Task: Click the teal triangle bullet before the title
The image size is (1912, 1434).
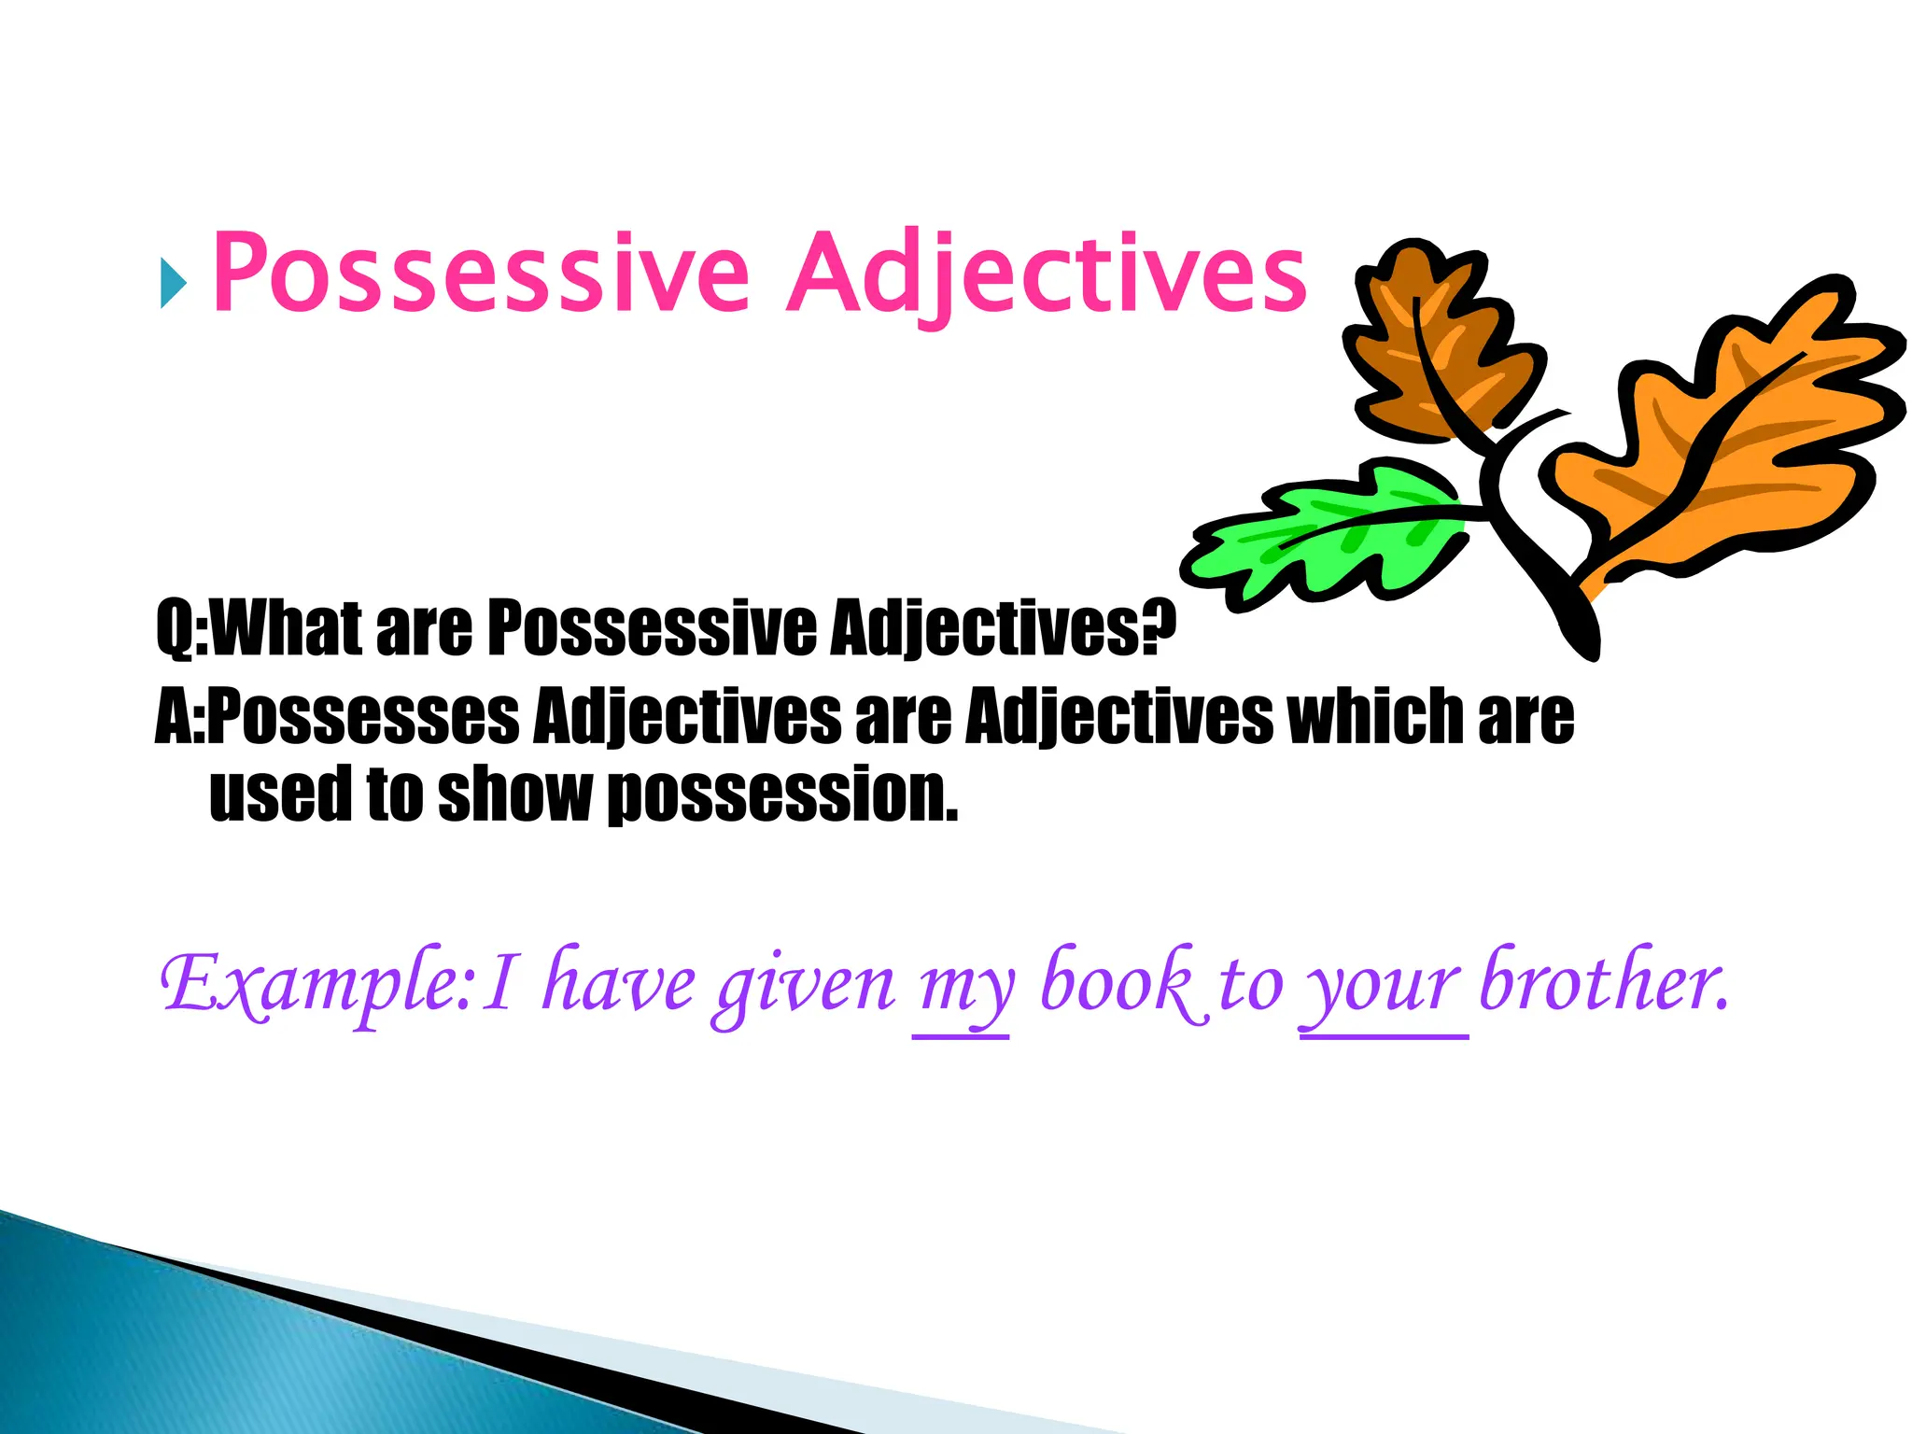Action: (x=173, y=283)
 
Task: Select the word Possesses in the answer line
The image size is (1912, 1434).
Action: (x=364, y=717)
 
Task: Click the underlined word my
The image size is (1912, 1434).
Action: (x=962, y=990)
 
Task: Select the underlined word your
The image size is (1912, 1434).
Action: (x=1382, y=990)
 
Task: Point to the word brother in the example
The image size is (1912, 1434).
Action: (x=1601, y=980)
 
